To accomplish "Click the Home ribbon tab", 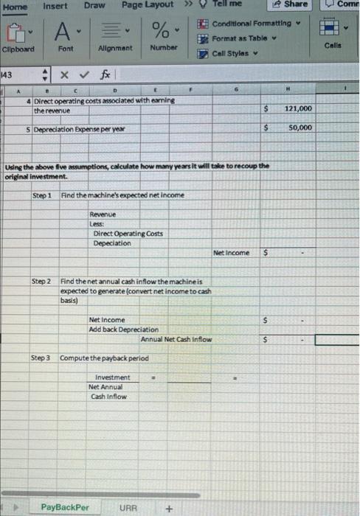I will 15,6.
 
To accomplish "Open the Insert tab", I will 55,6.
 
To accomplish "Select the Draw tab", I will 94,6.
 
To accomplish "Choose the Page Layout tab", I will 148,5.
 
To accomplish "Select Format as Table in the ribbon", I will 240,38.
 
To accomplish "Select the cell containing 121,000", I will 298,109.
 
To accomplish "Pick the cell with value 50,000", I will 300,128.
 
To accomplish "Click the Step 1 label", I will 43,195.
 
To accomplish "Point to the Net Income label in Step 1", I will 231,252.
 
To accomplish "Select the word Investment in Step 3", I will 112,377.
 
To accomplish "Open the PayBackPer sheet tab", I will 65,507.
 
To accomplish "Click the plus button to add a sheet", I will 169,507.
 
